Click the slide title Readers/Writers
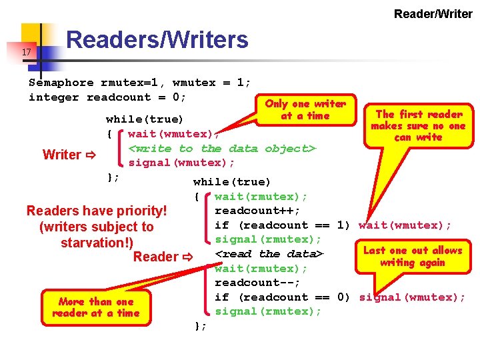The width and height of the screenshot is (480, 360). (x=157, y=40)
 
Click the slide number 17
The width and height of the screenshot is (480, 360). (x=26, y=52)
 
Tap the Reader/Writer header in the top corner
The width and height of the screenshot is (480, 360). (x=433, y=13)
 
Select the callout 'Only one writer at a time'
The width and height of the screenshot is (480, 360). (x=305, y=109)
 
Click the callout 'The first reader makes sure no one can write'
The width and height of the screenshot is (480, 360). (x=419, y=125)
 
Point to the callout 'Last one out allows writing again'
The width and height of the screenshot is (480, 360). (x=412, y=256)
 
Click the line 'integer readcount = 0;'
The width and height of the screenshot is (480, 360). (x=107, y=97)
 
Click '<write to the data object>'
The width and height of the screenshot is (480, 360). (x=221, y=149)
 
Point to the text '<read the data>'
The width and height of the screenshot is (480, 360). (x=269, y=254)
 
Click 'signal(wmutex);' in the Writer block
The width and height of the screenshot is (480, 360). (x=181, y=163)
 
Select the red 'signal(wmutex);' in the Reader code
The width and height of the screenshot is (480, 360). (x=412, y=297)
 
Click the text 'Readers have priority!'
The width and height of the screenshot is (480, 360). (x=96, y=211)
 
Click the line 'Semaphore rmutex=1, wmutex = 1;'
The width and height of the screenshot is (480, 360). (x=140, y=83)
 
